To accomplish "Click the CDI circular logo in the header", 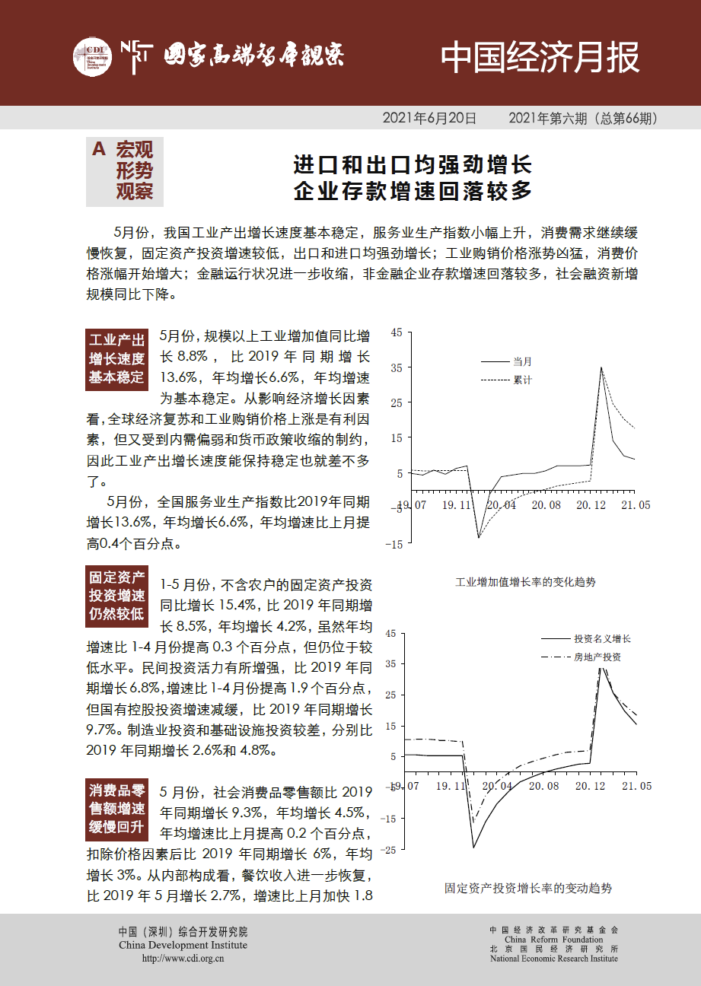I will [x=91, y=56].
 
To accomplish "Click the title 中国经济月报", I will [x=540, y=57].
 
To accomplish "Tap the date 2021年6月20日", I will [x=429, y=119].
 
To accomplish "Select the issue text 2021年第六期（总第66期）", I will [x=583, y=119].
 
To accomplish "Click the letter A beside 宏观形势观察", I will [x=98, y=150].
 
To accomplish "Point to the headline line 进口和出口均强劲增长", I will [x=413, y=165].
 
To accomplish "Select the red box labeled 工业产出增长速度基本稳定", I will [x=116, y=358].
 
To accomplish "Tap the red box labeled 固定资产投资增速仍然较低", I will [x=116, y=596].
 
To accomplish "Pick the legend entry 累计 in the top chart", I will [x=522, y=379].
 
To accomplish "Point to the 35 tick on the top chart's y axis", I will [x=395, y=367].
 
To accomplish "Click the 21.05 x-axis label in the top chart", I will [x=635, y=505].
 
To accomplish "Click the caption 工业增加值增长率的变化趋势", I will [x=525, y=583].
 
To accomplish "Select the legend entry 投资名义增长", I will [x=602, y=639].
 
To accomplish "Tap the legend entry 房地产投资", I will [x=597, y=657].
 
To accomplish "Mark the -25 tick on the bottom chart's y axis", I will [x=391, y=851].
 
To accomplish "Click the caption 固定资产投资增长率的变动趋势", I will [x=527, y=888].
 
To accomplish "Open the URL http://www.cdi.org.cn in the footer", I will [x=183, y=959].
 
